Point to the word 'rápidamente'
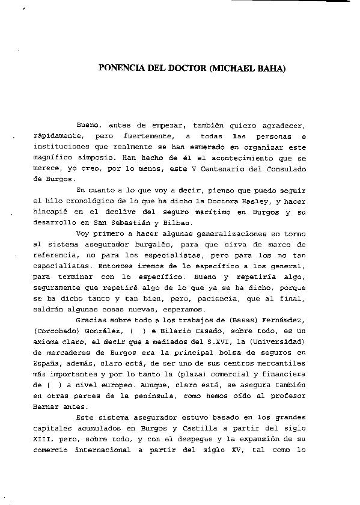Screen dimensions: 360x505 point(58,136)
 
